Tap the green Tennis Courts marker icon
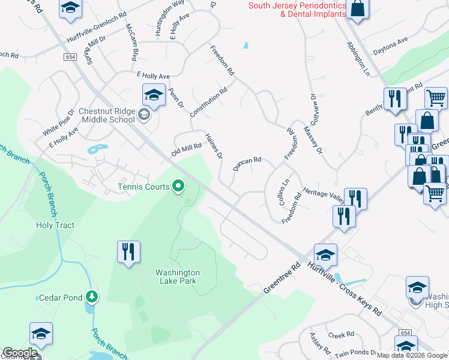point(178,187)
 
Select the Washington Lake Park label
point(178,277)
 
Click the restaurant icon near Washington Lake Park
point(129,252)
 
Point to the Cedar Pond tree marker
point(91,296)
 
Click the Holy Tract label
point(55,226)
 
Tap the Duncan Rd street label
point(247,164)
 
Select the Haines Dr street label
point(214,146)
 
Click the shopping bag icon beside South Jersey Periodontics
point(357,9)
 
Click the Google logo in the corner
point(19,353)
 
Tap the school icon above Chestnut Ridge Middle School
point(154,95)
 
